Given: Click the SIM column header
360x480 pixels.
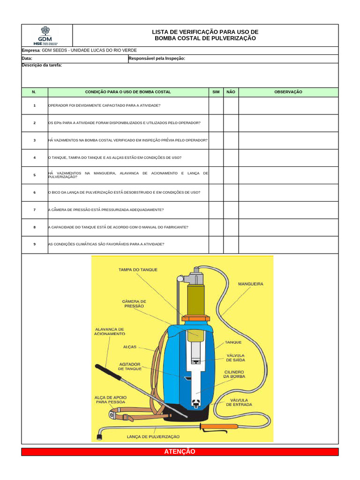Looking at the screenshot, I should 216,92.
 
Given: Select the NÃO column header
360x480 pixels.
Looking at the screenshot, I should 231,92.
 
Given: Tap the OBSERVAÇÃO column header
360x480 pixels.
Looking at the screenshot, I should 288,92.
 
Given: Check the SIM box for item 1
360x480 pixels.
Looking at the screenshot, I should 216,106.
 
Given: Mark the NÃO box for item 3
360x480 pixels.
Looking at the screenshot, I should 231,140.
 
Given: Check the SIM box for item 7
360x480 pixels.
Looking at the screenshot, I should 216,210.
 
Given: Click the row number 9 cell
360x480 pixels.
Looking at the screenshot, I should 35,244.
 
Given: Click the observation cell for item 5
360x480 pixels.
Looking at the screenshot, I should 288,175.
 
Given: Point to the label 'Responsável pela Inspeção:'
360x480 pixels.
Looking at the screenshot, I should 157,59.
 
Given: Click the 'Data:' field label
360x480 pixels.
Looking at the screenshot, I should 27,59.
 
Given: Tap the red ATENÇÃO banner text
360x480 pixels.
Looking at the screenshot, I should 180,451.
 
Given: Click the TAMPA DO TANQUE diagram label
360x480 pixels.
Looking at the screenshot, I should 138,270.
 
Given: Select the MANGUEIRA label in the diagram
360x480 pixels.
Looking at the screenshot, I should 250,284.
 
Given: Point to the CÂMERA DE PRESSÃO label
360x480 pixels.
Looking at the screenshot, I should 134,303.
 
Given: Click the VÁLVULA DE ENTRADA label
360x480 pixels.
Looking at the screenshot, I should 239,402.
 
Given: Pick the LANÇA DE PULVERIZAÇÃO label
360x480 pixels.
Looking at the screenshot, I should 153,436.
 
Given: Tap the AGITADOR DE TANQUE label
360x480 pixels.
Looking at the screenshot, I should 130,366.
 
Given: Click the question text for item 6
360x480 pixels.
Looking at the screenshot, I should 124,192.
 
